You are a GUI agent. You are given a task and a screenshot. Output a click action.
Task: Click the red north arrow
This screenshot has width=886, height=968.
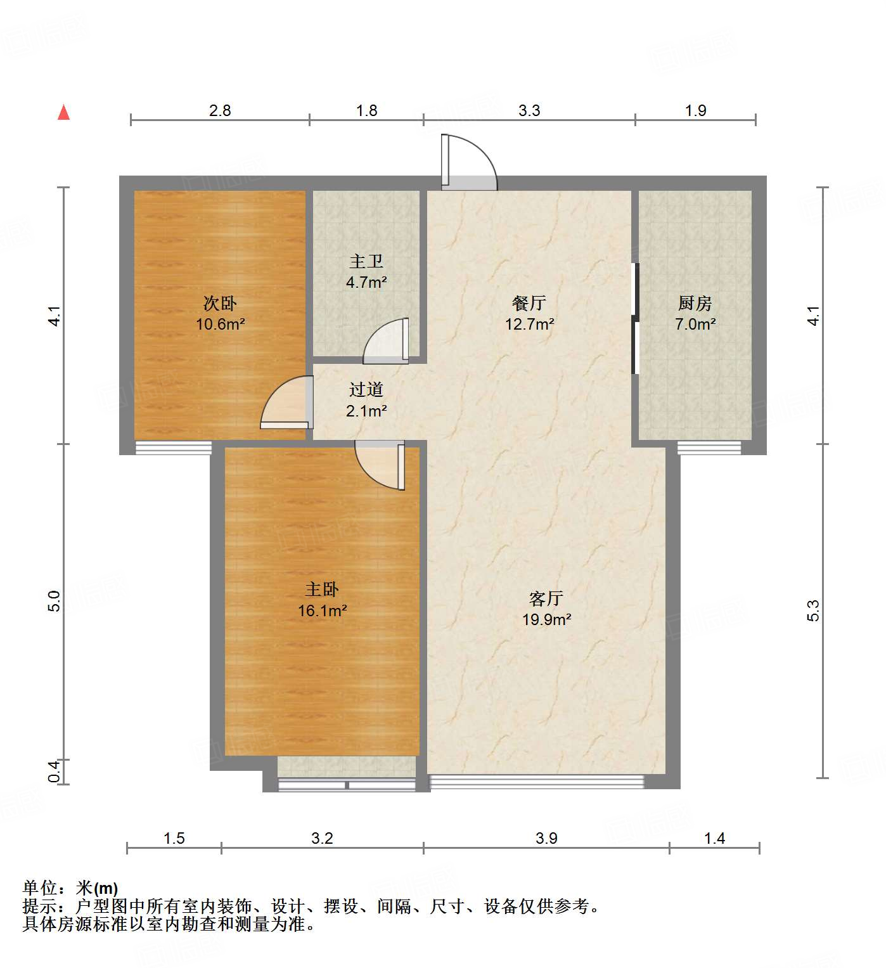tap(63, 112)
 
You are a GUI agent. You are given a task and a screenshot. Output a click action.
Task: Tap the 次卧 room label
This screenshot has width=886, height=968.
tap(220, 304)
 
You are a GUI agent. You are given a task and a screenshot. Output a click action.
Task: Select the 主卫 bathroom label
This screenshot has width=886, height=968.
tap(366, 261)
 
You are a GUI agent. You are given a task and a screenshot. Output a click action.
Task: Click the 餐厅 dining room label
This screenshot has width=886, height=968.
tap(529, 304)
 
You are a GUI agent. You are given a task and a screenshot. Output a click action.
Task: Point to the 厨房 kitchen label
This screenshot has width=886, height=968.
tap(695, 304)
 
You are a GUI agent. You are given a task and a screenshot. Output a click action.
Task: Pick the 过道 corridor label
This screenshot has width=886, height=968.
tap(366, 390)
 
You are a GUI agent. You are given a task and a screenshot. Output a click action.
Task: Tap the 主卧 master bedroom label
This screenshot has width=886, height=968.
tap(322, 590)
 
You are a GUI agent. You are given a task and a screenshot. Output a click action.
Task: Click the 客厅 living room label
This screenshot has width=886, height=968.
tap(546, 598)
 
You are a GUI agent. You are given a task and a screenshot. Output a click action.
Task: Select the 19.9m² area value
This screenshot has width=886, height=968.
tap(546, 620)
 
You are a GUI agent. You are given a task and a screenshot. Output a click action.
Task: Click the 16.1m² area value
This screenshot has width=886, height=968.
tap(322, 611)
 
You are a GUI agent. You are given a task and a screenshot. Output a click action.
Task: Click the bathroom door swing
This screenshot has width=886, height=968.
tap(387, 342)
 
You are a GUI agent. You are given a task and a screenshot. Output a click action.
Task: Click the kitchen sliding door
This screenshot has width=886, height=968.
tap(636, 318)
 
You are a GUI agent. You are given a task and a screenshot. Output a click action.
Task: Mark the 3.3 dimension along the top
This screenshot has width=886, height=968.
tap(529, 111)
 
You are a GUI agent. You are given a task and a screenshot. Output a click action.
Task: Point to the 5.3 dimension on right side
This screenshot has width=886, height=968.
tap(813, 610)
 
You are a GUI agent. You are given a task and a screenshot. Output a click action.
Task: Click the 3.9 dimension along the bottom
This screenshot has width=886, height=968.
tap(546, 839)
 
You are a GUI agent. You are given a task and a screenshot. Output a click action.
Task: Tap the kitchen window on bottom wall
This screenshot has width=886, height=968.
tap(709, 448)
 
